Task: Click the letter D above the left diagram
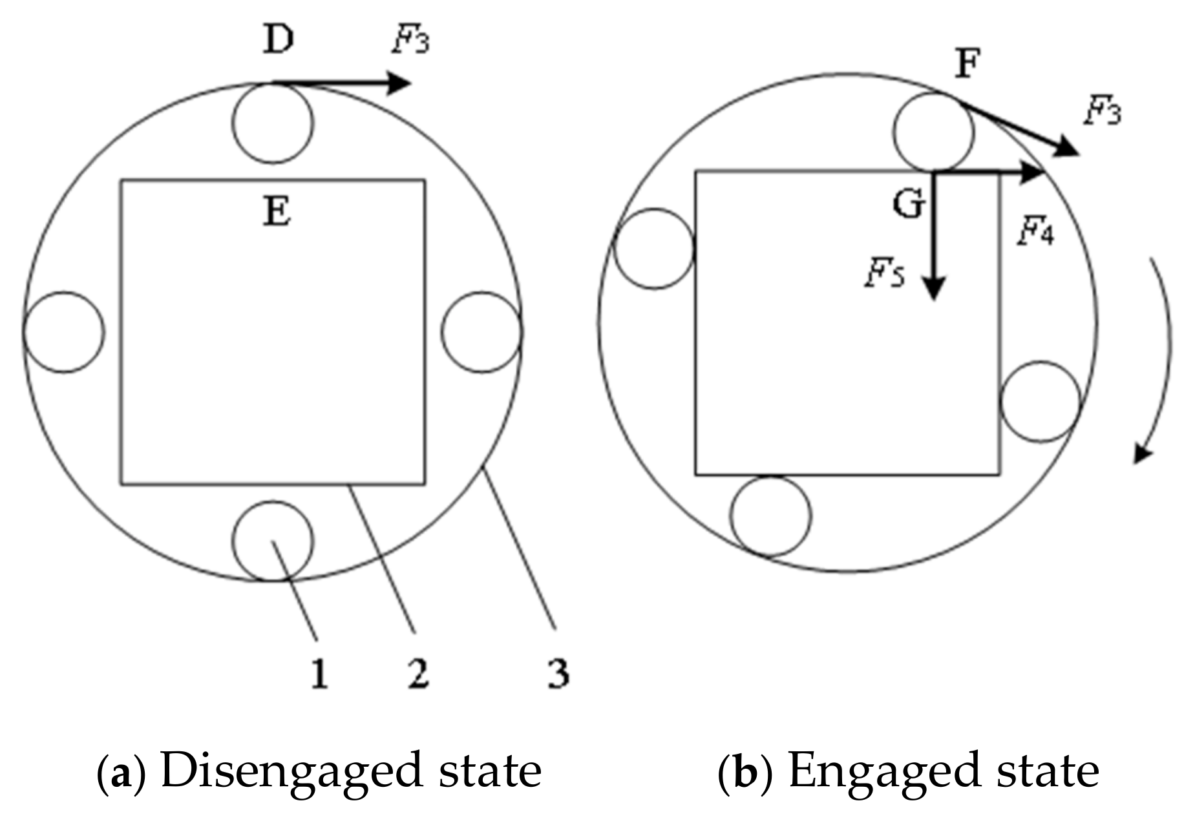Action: (278, 40)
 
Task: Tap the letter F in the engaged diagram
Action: (968, 65)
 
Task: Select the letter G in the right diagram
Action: (909, 205)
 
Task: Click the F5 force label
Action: (885, 274)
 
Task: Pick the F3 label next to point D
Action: (410, 40)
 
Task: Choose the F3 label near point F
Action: (1103, 111)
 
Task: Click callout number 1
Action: (319, 674)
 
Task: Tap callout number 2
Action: (418, 674)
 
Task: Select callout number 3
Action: (558, 674)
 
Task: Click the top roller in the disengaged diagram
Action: (273, 123)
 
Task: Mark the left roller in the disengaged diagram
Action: (63, 332)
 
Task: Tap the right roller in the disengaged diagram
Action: (482, 332)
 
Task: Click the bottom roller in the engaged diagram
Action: (771, 516)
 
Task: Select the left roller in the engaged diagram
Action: (654, 248)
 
